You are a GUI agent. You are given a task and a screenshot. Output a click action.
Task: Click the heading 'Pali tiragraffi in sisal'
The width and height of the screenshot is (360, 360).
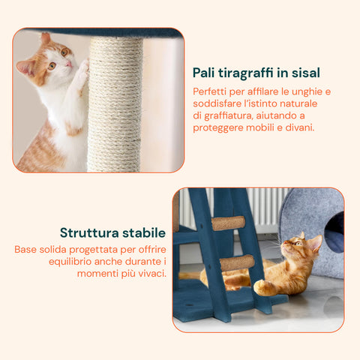coord(256,73)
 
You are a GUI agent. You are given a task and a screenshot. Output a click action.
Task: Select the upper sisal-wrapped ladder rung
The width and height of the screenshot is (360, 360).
coord(227,223)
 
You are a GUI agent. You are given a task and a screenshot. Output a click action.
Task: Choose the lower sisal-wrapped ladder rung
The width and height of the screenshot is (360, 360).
coord(236,262)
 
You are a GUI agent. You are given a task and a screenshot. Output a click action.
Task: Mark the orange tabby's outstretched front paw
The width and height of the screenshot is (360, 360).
coord(262,286)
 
